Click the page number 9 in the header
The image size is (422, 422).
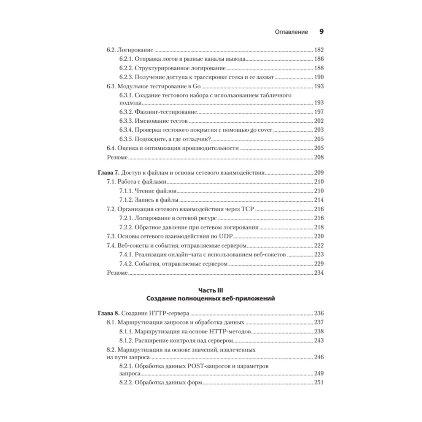321,32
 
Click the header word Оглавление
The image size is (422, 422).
291,32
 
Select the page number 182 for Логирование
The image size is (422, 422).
319,49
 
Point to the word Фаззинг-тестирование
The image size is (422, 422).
166,111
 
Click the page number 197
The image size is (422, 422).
319,111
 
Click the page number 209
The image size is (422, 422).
319,173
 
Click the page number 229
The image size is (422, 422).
319,264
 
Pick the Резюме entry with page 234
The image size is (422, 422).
116,273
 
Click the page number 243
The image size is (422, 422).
319,341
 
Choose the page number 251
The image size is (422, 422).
319,383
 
